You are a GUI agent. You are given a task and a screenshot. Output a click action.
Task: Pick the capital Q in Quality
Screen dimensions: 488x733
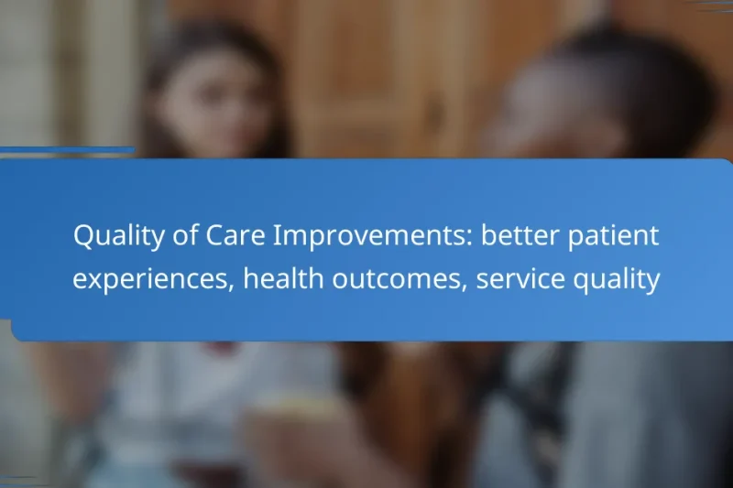point(82,237)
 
